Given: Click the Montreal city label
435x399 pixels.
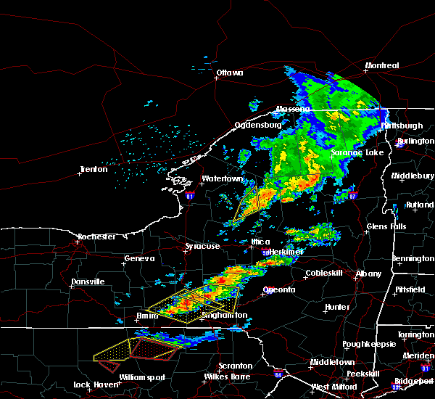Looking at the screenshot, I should (x=382, y=66).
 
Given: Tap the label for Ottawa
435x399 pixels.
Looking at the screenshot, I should (x=230, y=73).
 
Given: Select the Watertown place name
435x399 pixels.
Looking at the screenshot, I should (x=222, y=178).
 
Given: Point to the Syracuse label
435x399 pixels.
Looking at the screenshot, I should (x=202, y=247).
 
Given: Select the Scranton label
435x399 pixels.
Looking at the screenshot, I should (x=236, y=366).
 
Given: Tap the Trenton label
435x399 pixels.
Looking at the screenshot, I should (x=94, y=170).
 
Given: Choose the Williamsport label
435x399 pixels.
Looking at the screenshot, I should (x=143, y=377).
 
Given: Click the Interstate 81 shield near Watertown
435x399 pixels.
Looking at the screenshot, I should (x=190, y=196).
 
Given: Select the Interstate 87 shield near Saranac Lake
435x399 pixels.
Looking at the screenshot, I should (x=352, y=195).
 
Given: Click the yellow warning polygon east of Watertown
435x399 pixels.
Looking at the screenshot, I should (x=248, y=204).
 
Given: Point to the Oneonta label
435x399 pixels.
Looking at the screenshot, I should (x=278, y=290).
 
